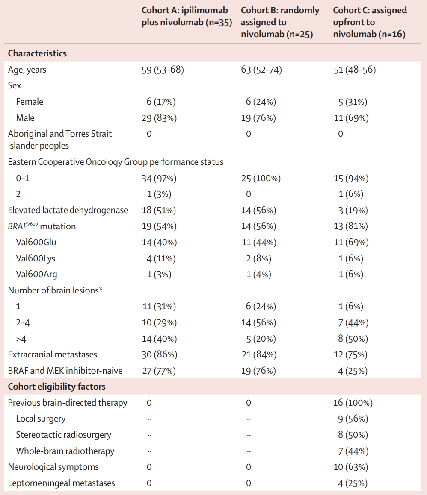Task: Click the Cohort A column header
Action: (x=187, y=16)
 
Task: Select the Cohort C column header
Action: (x=370, y=22)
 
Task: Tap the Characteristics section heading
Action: (x=37, y=53)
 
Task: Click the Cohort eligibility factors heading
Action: (x=56, y=387)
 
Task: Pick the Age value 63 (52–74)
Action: (x=261, y=70)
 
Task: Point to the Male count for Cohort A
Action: (x=159, y=118)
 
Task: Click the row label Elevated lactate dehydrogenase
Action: (x=68, y=210)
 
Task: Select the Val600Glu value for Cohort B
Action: (x=259, y=243)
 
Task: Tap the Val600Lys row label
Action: (x=36, y=258)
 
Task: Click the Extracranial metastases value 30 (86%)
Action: (x=160, y=354)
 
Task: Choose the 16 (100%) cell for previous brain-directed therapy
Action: (x=353, y=403)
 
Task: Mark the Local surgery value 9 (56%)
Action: (x=353, y=419)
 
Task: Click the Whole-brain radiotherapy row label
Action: (x=65, y=451)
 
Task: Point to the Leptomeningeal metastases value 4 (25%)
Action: (x=353, y=483)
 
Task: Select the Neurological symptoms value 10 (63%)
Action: (x=351, y=467)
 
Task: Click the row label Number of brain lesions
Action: (x=55, y=290)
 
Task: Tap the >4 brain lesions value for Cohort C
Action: (x=353, y=339)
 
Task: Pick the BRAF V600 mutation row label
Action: (x=42, y=226)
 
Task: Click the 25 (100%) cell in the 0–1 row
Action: (x=261, y=179)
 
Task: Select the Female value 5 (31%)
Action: (x=353, y=102)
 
